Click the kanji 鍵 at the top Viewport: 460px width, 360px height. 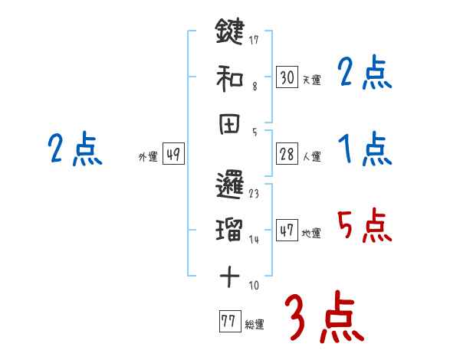point(229,31)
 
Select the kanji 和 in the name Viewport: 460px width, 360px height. point(229,77)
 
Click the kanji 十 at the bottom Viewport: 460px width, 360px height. point(229,277)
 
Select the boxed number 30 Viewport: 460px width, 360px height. point(287,77)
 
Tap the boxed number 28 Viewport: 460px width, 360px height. point(287,155)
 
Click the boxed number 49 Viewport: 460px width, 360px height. point(173,155)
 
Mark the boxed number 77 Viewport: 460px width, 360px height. point(228,322)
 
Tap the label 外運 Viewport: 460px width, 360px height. point(148,157)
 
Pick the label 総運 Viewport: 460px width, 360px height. point(254,325)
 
